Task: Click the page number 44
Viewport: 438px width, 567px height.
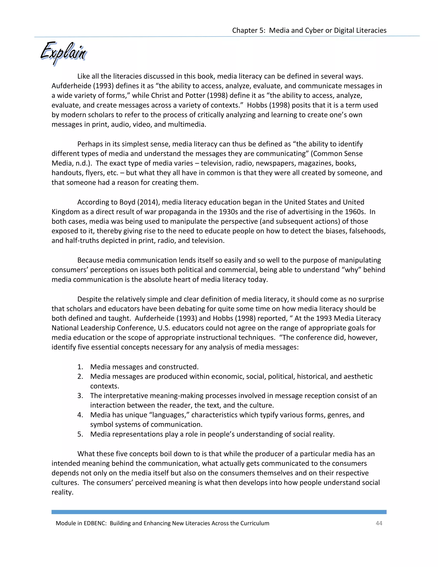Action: point(379,523)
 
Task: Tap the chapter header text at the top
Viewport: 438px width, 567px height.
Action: point(309,30)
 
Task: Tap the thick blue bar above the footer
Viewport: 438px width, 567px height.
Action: point(219,512)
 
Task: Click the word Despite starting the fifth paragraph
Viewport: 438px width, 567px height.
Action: point(90,299)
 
